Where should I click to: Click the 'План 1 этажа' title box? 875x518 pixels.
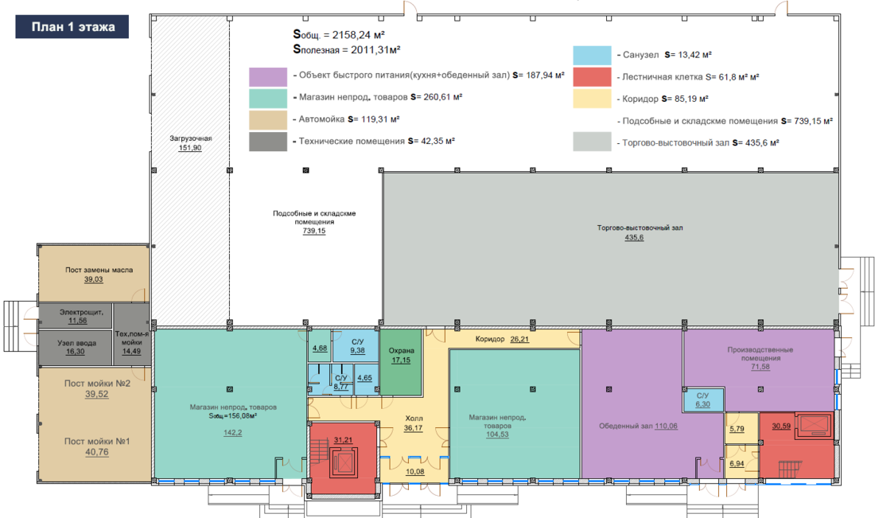click(x=72, y=27)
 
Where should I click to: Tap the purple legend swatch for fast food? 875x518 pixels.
click(x=268, y=76)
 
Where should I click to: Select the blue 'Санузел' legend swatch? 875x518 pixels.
click(x=592, y=55)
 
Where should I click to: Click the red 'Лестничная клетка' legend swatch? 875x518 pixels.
click(x=592, y=77)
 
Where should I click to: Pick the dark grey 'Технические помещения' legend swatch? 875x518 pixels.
click(x=268, y=142)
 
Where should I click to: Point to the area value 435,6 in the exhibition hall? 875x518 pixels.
click(x=634, y=237)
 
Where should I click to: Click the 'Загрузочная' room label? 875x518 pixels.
click(x=191, y=138)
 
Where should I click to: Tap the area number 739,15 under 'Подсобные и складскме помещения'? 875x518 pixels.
click(x=314, y=231)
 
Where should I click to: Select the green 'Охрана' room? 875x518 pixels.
click(x=401, y=362)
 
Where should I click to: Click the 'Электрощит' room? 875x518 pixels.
click(x=76, y=316)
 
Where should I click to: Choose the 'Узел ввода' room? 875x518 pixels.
click(x=76, y=348)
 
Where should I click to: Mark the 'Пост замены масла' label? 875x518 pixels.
click(x=99, y=270)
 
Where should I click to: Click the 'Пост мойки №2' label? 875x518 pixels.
click(x=97, y=384)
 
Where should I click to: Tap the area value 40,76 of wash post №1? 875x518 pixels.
click(x=97, y=452)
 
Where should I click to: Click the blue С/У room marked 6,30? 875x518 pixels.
click(x=703, y=399)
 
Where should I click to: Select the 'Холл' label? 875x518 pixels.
click(x=414, y=418)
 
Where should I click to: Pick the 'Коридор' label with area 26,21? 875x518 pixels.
click(x=490, y=339)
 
